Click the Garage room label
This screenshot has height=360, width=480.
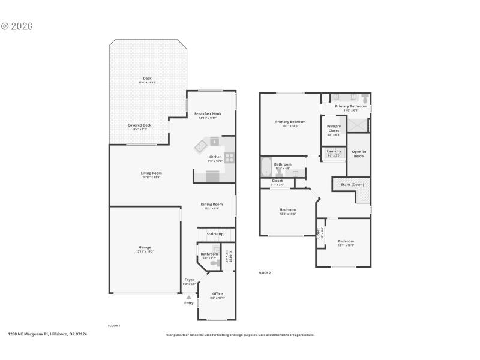[145, 247]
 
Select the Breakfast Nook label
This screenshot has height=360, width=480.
[208, 113]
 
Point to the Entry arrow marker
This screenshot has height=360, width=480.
[189, 297]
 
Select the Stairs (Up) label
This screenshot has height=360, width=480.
[215, 233]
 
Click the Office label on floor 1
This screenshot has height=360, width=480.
[217, 293]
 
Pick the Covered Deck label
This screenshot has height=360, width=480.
[139, 125]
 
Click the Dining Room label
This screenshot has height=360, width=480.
[211, 204]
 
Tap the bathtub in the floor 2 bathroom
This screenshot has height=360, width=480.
[266, 166]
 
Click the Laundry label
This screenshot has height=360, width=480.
[334, 151]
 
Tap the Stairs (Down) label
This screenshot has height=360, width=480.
[352, 184]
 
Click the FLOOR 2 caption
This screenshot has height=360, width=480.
[265, 273]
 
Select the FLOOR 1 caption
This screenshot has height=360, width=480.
[114, 325]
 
